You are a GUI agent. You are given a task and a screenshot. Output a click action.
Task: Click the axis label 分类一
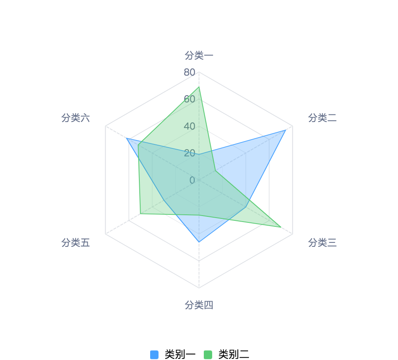pos(199,55)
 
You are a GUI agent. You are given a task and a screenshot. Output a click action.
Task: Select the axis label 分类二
pos(322,118)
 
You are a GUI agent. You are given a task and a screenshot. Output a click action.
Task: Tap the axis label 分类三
pos(322,243)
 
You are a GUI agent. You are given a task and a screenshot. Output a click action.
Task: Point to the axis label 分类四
pos(199,305)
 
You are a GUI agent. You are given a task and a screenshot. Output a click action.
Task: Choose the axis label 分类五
pos(75,243)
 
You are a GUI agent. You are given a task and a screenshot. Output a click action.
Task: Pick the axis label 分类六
pos(75,118)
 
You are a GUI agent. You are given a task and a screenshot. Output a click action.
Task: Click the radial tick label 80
pos(189,72)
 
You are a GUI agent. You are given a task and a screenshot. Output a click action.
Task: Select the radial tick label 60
pos(189,99)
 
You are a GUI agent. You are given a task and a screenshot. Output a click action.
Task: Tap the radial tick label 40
pos(189,126)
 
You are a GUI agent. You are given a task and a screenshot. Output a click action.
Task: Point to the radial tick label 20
pos(189,153)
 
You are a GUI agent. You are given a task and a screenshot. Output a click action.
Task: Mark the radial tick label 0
pos(192,180)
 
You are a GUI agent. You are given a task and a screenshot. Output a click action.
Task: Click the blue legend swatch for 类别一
pos(154,354)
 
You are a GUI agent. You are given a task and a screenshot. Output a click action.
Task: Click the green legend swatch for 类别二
pos(208,354)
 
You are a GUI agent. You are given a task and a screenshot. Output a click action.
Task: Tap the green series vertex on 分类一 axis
pos(199,87)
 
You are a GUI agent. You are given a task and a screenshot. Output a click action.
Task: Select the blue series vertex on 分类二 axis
pos(285,130)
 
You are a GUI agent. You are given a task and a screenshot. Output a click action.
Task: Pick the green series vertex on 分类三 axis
pos(281,227)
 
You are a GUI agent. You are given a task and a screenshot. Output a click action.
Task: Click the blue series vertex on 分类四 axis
pos(199,242)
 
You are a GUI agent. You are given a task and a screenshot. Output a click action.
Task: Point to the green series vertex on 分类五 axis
pos(141,214)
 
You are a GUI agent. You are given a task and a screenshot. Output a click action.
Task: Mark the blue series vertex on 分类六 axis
pos(127,138)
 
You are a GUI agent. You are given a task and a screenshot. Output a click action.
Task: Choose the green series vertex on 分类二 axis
pos(215,171)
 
